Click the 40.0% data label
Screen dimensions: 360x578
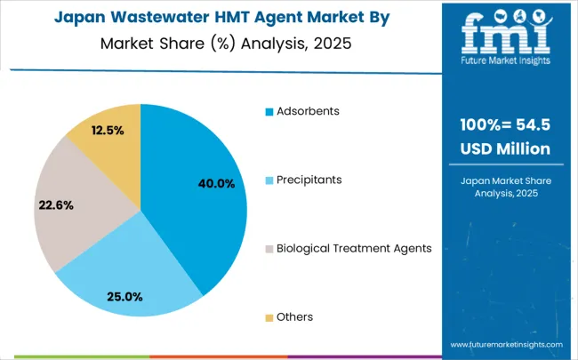click(x=216, y=184)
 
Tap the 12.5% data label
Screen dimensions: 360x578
click(x=108, y=130)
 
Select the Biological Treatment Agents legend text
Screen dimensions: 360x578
click(x=354, y=248)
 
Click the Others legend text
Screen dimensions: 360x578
click(x=294, y=316)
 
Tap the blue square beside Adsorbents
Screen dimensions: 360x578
click(x=268, y=112)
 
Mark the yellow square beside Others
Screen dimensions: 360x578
click(x=268, y=317)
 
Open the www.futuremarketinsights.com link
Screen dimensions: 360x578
click(x=506, y=344)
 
